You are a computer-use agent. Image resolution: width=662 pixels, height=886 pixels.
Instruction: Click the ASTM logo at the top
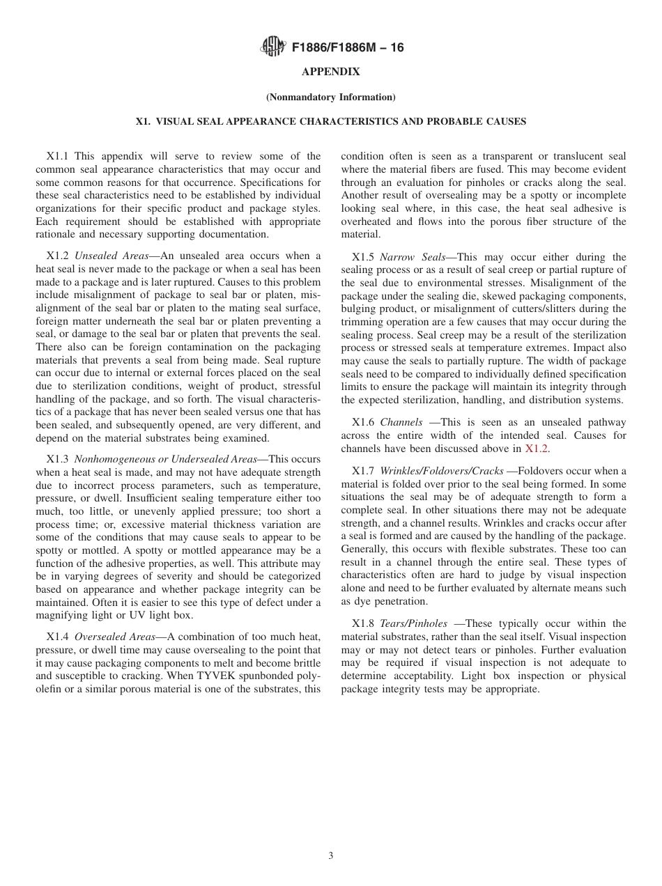point(272,47)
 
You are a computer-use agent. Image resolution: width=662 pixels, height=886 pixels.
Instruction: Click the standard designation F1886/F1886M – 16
point(348,48)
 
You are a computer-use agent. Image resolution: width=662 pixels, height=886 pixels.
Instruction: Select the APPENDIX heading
point(330,72)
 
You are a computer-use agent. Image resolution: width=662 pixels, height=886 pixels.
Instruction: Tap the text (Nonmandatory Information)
point(330,97)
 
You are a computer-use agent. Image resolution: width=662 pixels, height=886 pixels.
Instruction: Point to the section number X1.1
point(58,157)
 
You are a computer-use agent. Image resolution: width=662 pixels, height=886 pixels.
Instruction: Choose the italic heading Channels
point(401,422)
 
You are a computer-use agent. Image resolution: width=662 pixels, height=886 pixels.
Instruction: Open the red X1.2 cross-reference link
point(537,449)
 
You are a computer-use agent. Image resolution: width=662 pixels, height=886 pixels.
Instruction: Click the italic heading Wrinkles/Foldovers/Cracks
point(442,472)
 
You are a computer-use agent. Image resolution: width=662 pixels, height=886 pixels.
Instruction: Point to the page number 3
point(331,856)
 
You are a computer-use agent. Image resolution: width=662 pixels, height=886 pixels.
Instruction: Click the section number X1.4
point(58,637)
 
